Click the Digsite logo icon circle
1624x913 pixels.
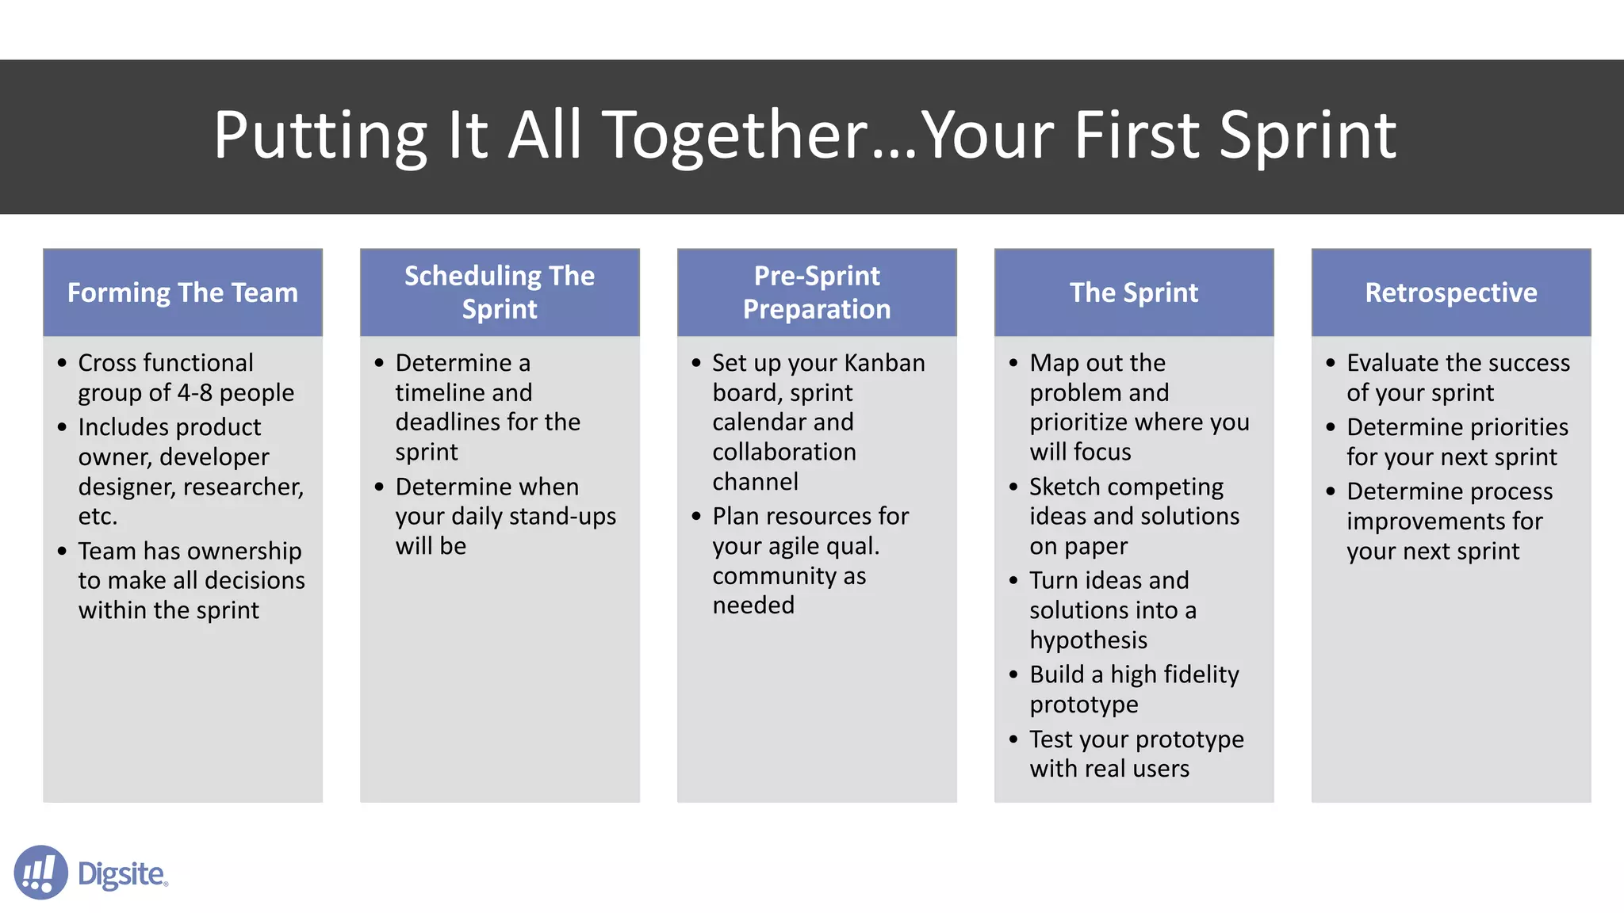pos(40,872)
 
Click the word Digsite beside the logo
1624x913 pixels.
pos(122,874)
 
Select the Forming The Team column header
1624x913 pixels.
pos(182,292)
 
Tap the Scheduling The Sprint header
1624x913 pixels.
pos(500,292)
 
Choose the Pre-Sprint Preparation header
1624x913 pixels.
pos(817,292)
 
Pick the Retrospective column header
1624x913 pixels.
pos(1451,292)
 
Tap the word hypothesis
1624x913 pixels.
pos(1088,640)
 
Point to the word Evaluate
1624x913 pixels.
pos(1392,363)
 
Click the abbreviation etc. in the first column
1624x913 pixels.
pos(98,517)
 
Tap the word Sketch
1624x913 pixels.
pos(1063,487)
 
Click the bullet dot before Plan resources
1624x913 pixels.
pos(696,517)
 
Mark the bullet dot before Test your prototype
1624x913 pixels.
pos(1013,739)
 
